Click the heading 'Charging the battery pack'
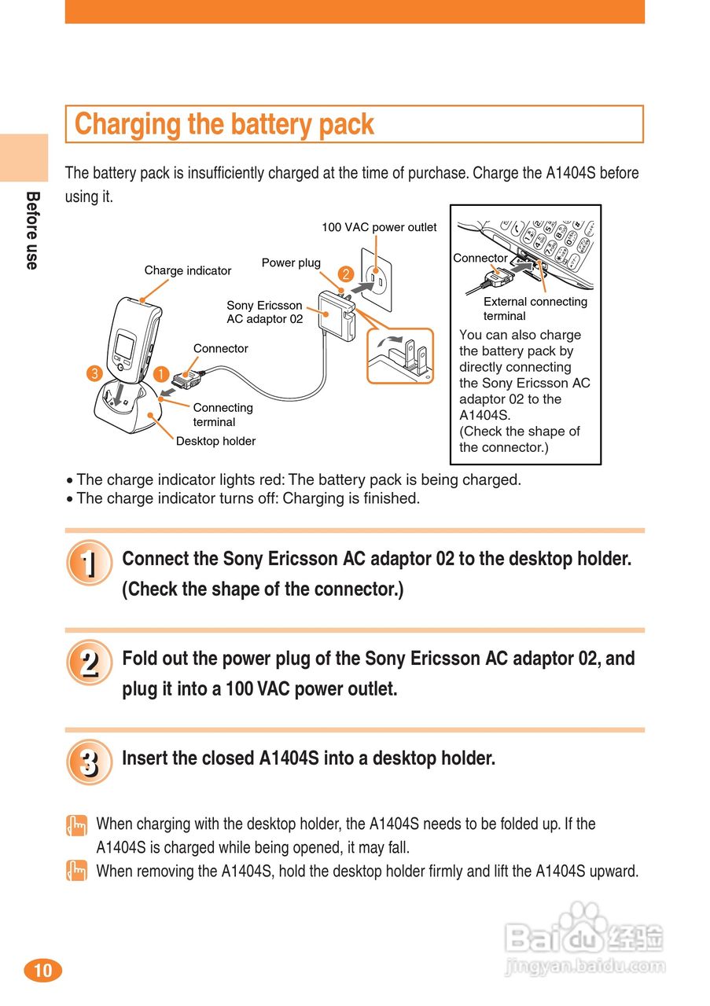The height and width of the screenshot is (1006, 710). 224,124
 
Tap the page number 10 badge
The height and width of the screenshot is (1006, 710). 42,971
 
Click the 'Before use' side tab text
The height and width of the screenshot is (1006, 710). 32,230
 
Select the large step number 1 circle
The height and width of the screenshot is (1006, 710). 89,564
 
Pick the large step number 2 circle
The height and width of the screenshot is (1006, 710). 89,663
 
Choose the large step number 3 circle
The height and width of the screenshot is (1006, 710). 89,762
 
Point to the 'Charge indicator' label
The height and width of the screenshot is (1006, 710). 187,270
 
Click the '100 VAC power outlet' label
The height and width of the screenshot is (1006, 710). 379,227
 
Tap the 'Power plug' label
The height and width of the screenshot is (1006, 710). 291,263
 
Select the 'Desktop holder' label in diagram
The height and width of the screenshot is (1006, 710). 215,441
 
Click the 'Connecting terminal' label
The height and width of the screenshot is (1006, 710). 223,414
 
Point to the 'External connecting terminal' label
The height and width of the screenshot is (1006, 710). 535,308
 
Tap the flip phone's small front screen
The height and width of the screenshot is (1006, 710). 123,346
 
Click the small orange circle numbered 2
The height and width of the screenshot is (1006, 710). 345,274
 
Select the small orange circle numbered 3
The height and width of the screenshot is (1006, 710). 94,373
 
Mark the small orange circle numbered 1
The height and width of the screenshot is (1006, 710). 161,373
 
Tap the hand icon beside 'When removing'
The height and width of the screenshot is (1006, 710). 76,871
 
